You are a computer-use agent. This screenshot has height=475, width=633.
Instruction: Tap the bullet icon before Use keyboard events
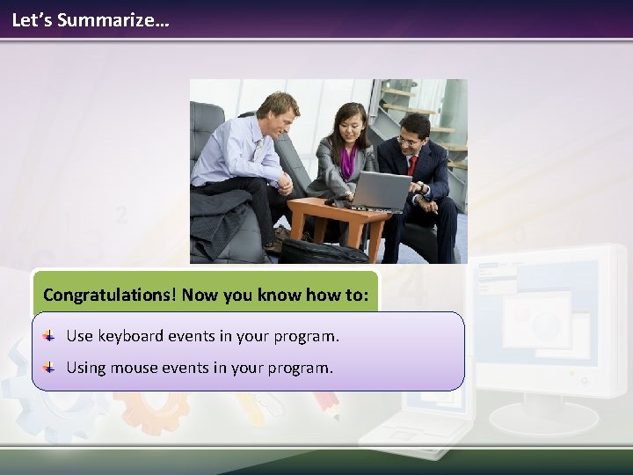point(50,336)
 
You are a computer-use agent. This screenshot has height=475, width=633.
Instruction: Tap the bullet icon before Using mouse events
point(50,368)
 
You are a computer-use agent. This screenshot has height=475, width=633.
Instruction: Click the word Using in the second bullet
point(86,368)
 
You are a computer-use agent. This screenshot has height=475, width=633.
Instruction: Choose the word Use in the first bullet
point(80,336)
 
